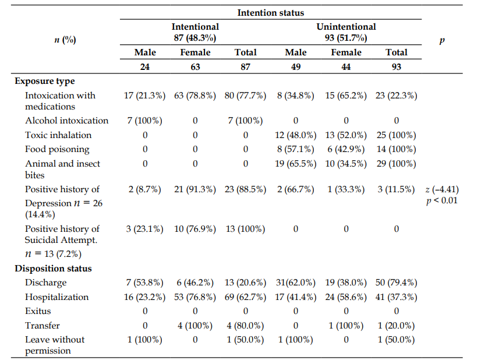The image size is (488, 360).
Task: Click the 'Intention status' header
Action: pyautogui.click(x=270, y=13)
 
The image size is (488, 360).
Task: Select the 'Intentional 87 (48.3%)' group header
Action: pyautogui.click(x=195, y=32)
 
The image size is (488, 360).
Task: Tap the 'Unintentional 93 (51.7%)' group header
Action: pyautogui.click(x=346, y=32)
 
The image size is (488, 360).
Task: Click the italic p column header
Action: pyautogui.click(x=442, y=40)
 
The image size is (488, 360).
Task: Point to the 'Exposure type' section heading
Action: pyautogui.click(x=44, y=82)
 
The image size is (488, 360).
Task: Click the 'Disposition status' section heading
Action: pyautogui.click(x=53, y=269)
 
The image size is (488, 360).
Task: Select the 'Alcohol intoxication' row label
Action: pyautogui.click(x=66, y=121)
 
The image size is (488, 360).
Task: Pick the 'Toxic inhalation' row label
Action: pyautogui.click(x=58, y=135)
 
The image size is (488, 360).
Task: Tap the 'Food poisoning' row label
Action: pyautogui.click(x=57, y=150)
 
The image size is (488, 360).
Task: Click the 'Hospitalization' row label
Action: pyautogui.click(x=56, y=297)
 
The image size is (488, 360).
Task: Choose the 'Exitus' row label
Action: pyautogui.click(x=38, y=311)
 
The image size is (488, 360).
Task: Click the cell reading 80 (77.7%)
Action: pyautogui.click(x=245, y=96)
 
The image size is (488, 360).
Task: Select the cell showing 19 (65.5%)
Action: pyautogui.click(x=296, y=164)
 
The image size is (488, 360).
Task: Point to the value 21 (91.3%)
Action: pyautogui.click(x=195, y=189)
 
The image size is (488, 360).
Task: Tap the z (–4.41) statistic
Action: pyautogui.click(x=442, y=189)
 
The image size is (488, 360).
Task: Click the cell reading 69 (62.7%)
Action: pyautogui.click(x=245, y=297)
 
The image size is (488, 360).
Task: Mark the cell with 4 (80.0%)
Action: pyautogui.click(x=245, y=326)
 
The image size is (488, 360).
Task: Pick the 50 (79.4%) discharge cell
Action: pyautogui.click(x=396, y=283)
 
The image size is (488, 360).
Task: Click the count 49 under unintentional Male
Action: pyautogui.click(x=296, y=67)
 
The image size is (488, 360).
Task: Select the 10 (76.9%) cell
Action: pyautogui.click(x=195, y=229)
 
